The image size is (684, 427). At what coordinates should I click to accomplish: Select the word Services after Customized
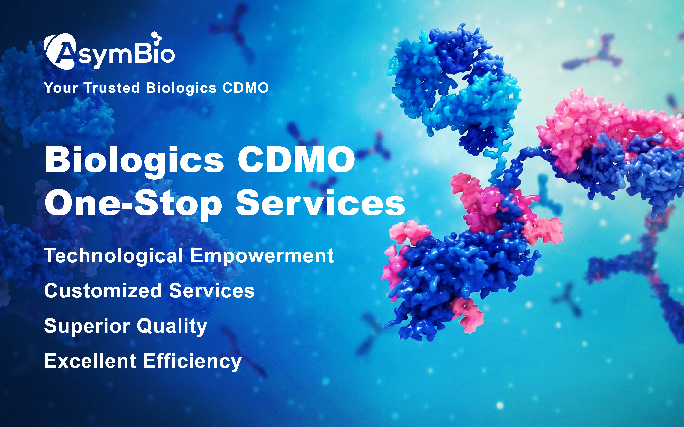(212, 291)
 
